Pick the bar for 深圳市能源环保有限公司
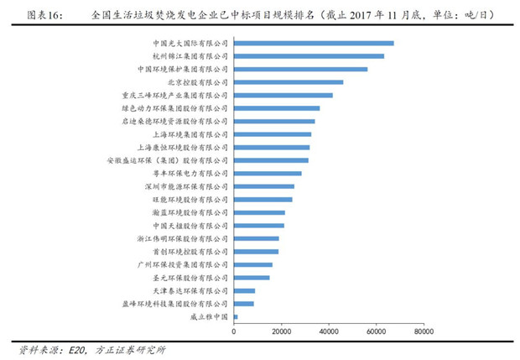(x=263, y=186)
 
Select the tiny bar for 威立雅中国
(x=236, y=317)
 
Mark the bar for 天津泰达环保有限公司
(x=244, y=290)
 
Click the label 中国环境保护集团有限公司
(x=182, y=70)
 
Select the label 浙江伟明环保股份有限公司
(x=182, y=238)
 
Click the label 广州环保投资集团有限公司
(x=182, y=264)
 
